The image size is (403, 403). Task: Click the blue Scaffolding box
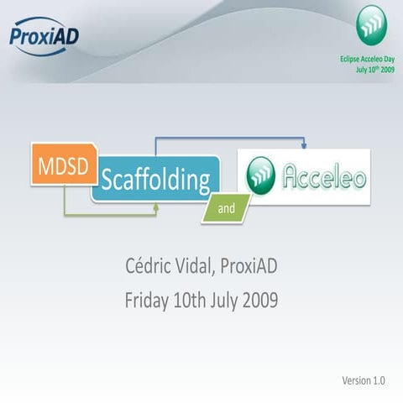click(x=154, y=178)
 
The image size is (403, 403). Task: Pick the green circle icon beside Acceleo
click(x=261, y=176)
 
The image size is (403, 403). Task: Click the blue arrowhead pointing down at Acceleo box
click(x=304, y=146)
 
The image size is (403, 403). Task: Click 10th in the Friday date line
click(x=199, y=300)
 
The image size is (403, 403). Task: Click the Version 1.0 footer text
click(x=363, y=380)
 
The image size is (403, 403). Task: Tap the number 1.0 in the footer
click(x=379, y=380)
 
